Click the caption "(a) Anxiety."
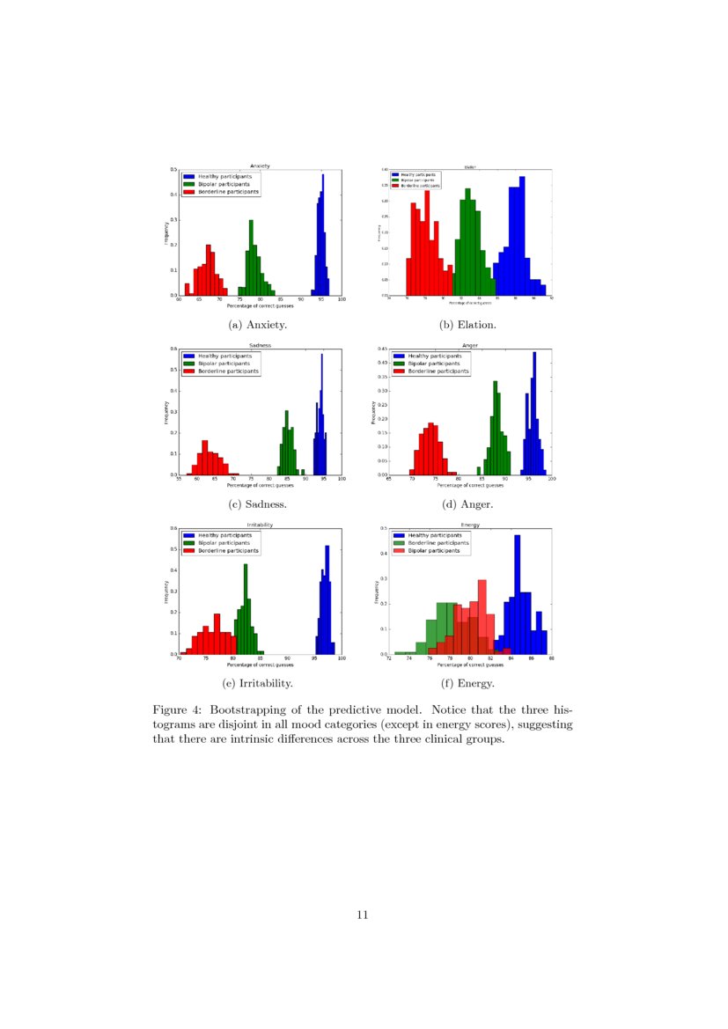coord(258,325)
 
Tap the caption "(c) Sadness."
coord(258,504)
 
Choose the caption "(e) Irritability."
coord(258,683)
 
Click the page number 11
coord(363,915)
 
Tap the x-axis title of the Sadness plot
coord(260,485)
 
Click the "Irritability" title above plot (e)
coord(260,525)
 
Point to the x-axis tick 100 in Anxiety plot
coord(341,300)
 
